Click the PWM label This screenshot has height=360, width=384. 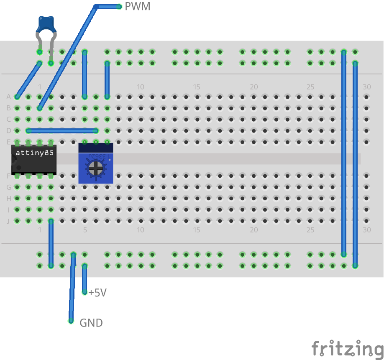coord(137,7)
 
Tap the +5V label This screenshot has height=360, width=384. coord(97,293)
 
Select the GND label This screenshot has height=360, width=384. coord(91,323)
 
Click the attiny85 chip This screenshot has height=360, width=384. coord(34,159)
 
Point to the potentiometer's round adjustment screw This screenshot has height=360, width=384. coord(96,169)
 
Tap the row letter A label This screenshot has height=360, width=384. coord(8,97)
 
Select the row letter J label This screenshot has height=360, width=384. coord(8,221)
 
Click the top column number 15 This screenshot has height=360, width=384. coord(197,87)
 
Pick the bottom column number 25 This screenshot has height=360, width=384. coord(310,230)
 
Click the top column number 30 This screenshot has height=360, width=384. coord(366,87)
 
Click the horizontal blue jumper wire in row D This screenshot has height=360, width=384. coord(62,131)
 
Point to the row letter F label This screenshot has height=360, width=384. coord(8,176)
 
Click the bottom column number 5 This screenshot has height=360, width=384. coord(84,230)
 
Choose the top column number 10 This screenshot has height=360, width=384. coord(141,87)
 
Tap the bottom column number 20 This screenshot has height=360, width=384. coord(253,230)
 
